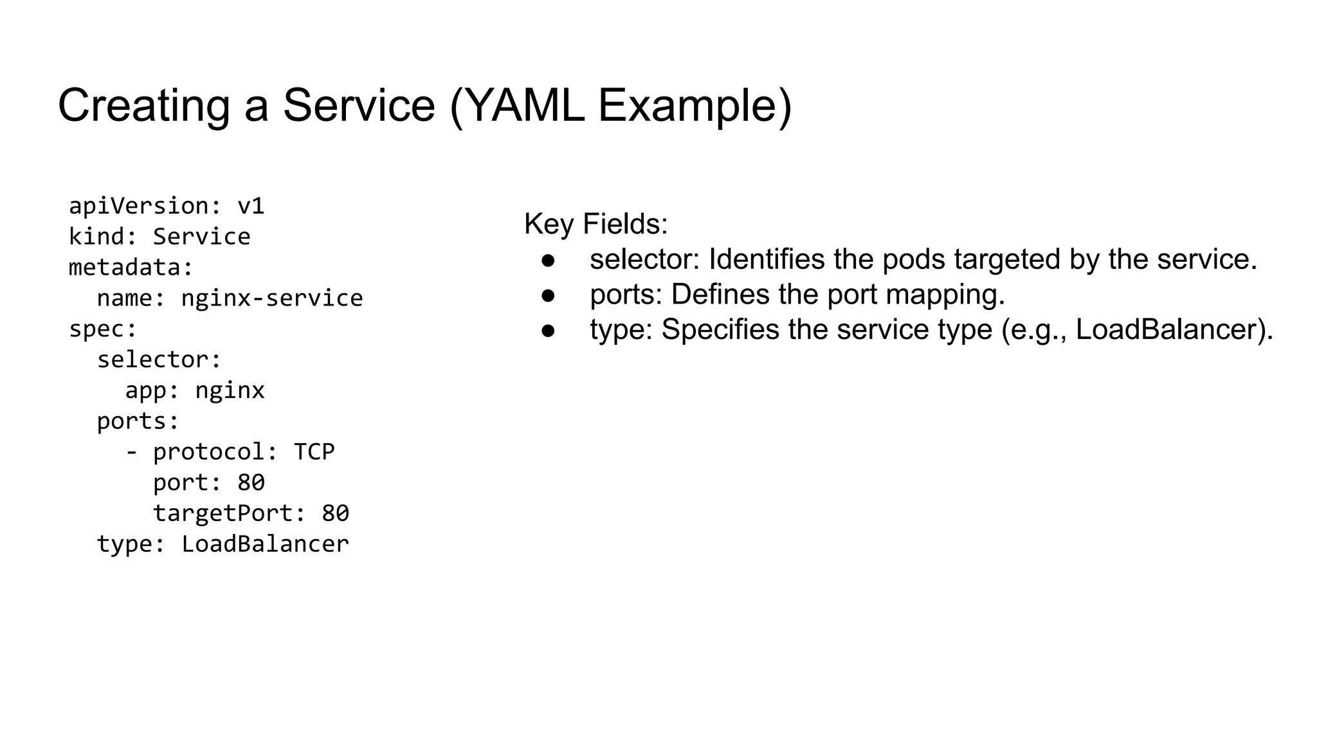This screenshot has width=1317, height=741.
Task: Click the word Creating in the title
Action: (x=143, y=105)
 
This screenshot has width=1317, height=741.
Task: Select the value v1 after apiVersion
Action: (x=251, y=206)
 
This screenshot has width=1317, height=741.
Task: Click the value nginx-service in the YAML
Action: (x=271, y=298)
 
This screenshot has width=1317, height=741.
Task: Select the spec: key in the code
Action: (x=103, y=329)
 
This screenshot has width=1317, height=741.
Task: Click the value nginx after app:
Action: (x=230, y=390)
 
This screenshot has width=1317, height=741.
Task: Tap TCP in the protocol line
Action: (x=314, y=452)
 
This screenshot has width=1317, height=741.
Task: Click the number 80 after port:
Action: (x=251, y=482)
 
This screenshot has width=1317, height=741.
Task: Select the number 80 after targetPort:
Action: (x=335, y=513)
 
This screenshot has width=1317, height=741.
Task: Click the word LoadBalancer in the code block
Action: (x=265, y=544)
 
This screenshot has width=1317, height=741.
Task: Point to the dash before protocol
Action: (x=131, y=452)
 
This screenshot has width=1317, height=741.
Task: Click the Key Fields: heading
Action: (x=595, y=224)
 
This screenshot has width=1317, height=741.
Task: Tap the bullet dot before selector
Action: (x=548, y=260)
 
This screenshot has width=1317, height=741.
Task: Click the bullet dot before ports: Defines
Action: (x=548, y=295)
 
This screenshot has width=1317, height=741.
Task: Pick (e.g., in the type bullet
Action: (x=1033, y=330)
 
